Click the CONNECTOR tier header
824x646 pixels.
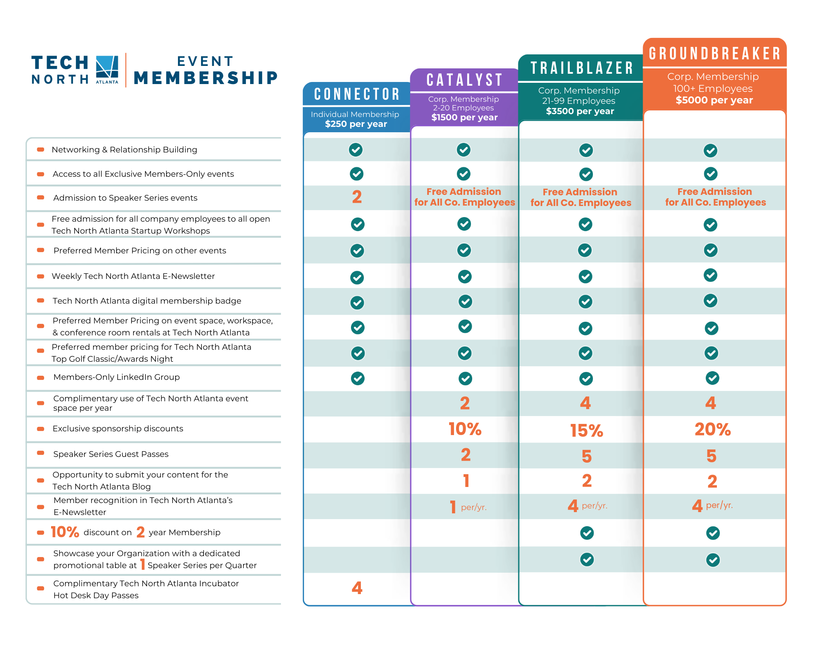pyautogui.click(x=357, y=94)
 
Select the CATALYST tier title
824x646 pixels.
pyautogui.click(x=464, y=80)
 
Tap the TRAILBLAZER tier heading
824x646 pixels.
pyautogui.click(x=581, y=68)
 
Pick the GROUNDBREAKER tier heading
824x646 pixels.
pyautogui.click(x=714, y=54)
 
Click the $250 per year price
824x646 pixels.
pyautogui.click(x=356, y=124)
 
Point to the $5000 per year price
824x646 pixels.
pyautogui.click(x=714, y=100)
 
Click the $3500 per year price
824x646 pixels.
pyautogui.click(x=580, y=111)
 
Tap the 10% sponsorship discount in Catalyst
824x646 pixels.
pyautogui.click(x=465, y=429)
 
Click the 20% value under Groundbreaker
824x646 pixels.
pyautogui.click(x=712, y=430)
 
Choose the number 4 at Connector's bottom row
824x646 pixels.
pyautogui.click(x=357, y=588)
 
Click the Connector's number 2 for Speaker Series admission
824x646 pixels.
pyautogui.click(x=357, y=197)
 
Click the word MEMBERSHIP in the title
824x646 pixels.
pyautogui.click(x=206, y=78)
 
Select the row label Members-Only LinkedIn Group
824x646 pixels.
pyautogui.click(x=117, y=377)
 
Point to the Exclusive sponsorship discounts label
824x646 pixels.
pyautogui.click(x=118, y=428)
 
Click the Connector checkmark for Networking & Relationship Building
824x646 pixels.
pyautogui.click(x=356, y=150)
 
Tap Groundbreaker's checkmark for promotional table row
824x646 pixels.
pyautogui.click(x=713, y=560)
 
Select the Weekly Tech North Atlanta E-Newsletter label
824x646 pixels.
pyautogui.click(x=133, y=276)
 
